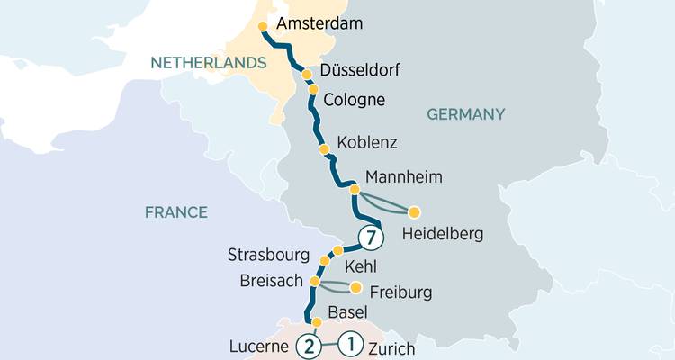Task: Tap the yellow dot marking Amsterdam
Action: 263,26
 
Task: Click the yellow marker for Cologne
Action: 313,89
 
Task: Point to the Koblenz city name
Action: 366,143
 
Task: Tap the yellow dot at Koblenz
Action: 325,148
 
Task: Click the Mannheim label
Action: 405,177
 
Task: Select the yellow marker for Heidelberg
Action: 414,212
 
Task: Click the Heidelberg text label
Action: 443,235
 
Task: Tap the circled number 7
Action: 370,238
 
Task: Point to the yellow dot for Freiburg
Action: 355,288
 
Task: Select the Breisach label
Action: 272,280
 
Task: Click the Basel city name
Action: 347,313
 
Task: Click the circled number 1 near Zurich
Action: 351,342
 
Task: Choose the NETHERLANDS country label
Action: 209,63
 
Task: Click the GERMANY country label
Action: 465,114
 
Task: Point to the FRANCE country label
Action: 176,212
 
